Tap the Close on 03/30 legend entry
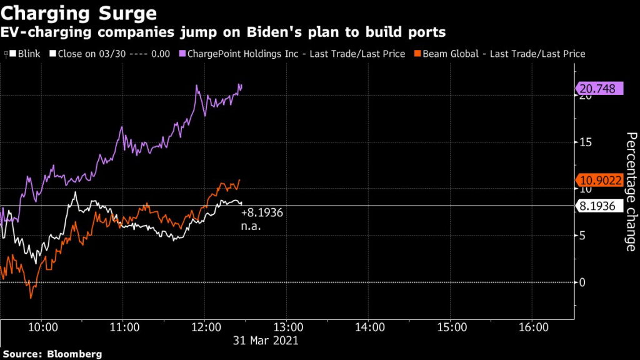pos(112,54)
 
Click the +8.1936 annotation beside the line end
pos(262,213)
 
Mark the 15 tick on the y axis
pos(584,142)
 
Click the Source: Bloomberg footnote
pos(52,354)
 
